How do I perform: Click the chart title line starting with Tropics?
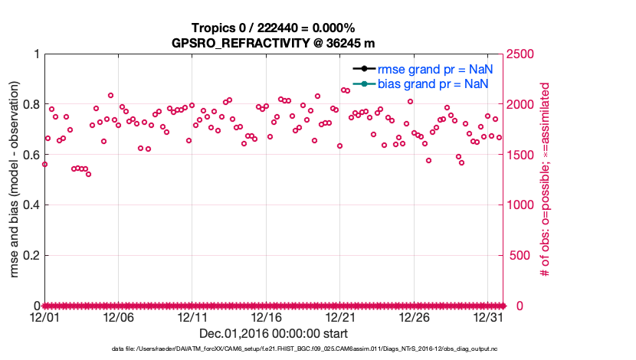pyautogui.click(x=273, y=28)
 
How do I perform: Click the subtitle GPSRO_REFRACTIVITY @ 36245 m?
pyautogui.click(x=273, y=42)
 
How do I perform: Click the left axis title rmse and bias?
pyautogui.click(x=14, y=179)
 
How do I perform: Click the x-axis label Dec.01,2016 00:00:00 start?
pyautogui.click(x=273, y=333)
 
